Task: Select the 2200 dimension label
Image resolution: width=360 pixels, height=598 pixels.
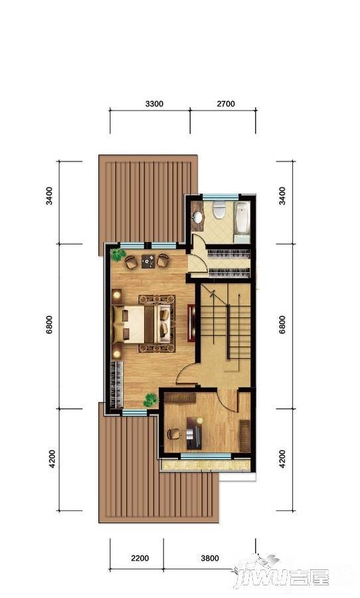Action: (x=139, y=558)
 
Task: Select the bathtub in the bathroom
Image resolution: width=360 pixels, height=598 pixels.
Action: (x=242, y=217)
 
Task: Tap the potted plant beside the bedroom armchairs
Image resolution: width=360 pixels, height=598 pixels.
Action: (x=118, y=253)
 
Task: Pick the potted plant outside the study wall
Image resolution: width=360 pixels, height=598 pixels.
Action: (x=151, y=400)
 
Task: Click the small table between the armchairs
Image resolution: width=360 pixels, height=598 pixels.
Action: (x=147, y=261)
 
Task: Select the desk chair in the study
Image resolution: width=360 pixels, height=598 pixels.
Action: (x=173, y=434)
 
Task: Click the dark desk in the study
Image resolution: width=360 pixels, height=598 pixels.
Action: (x=197, y=432)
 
